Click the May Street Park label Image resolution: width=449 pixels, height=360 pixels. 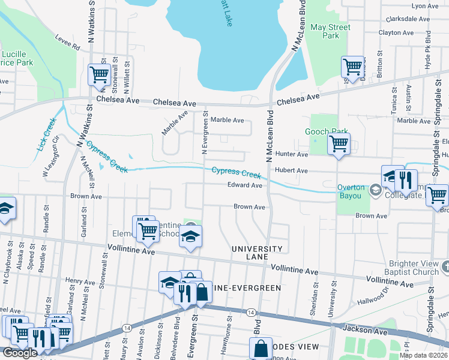pos(330,31)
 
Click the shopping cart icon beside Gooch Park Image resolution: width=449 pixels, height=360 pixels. pos(339,144)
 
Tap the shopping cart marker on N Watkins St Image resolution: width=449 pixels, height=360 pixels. pos(99,74)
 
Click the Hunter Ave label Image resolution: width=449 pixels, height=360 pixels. pos(291,154)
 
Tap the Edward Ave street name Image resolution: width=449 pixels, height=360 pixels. pos(244,185)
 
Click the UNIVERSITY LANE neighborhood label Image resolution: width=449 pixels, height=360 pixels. pos(258,253)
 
